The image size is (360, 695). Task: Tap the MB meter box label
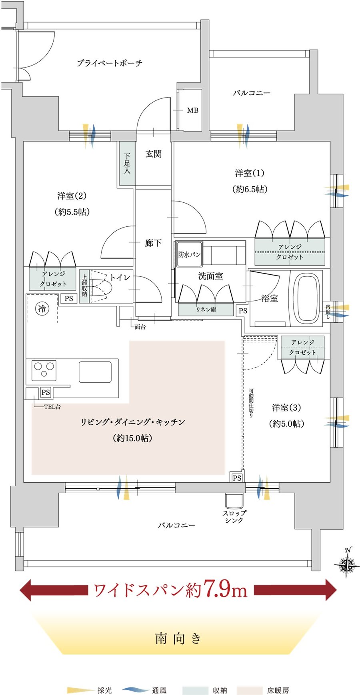tap(192, 110)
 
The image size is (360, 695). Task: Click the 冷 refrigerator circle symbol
tap(42, 308)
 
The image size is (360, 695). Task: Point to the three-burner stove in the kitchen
tap(44, 370)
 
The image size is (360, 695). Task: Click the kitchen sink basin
tap(95, 372)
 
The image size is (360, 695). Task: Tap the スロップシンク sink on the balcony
tap(234, 501)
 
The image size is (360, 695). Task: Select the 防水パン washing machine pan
tap(189, 254)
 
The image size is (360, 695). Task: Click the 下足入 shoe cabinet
tap(127, 164)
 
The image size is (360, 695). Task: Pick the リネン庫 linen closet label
tap(206, 310)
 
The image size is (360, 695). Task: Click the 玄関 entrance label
tap(153, 154)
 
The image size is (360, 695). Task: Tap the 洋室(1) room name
tap(250, 173)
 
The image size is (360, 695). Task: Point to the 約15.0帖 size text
tap(132, 438)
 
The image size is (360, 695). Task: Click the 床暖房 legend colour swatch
tap(250, 690)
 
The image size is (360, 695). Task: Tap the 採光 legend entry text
tap(104, 690)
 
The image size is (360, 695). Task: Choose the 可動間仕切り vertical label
tap(251, 403)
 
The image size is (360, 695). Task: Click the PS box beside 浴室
tap(243, 311)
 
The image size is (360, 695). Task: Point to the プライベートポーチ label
tap(109, 63)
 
